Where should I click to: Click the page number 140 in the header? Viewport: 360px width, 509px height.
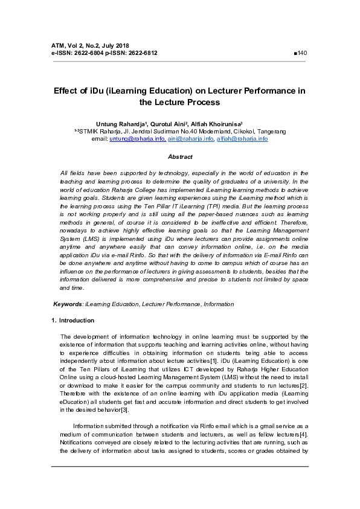(x=303, y=53)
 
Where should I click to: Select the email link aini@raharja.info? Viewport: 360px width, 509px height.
(x=191, y=139)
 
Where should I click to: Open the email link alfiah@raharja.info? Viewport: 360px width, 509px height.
(x=242, y=139)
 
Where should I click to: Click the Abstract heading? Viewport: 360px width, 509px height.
(x=180, y=156)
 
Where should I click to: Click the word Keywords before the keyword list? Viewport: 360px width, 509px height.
(x=68, y=304)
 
